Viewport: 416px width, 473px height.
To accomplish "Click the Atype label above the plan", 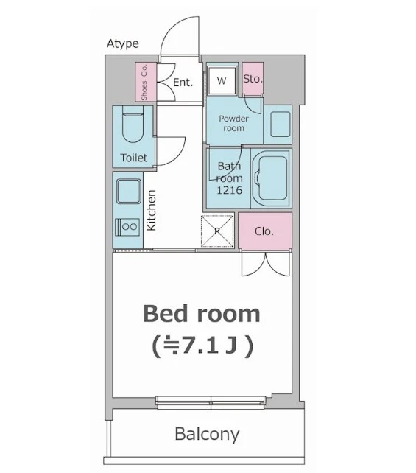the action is [x=123, y=43].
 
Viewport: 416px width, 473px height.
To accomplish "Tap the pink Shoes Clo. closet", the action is [x=146, y=82].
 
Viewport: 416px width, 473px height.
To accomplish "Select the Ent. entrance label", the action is [x=183, y=83].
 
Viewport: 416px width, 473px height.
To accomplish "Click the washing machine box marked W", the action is [x=222, y=80].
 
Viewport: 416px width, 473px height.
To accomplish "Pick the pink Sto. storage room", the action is [x=253, y=79].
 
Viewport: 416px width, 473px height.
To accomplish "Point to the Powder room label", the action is [x=233, y=123].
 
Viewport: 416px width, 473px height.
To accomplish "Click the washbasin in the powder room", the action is [x=281, y=125].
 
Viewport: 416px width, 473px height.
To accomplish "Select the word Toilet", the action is [x=134, y=158].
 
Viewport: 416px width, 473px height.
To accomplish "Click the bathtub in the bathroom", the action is [x=271, y=178].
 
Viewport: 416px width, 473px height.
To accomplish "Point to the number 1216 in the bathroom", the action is [x=230, y=190].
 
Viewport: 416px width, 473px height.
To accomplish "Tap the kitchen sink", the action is [x=129, y=192].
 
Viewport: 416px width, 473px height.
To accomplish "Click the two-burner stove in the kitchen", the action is [x=127, y=227].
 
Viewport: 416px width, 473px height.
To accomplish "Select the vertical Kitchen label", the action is [x=152, y=210].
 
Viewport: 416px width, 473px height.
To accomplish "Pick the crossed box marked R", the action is [x=217, y=231].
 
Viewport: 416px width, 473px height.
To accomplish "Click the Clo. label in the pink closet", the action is [x=264, y=231].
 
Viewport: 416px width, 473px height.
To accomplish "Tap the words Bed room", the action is [x=201, y=314].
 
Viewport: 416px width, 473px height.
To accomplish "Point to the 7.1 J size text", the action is [x=202, y=346].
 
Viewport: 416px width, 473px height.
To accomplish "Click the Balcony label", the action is [x=207, y=435].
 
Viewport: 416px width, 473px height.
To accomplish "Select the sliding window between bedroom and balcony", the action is [x=211, y=403].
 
